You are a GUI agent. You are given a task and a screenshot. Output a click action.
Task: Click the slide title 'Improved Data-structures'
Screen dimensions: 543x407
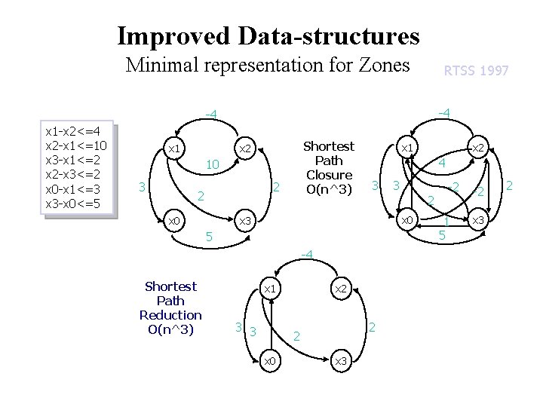point(268,35)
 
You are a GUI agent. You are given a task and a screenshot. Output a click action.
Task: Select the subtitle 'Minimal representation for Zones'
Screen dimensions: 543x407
point(268,65)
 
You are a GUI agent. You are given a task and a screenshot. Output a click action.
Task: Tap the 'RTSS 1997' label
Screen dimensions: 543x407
point(476,71)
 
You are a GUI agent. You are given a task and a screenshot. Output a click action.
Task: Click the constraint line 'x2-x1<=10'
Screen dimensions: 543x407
point(76,145)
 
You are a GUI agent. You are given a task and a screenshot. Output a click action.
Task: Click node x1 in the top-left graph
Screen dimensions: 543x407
point(173,148)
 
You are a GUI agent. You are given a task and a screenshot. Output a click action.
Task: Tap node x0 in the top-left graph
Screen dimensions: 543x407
point(173,221)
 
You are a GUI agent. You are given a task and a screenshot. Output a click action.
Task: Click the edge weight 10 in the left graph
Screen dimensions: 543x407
point(213,164)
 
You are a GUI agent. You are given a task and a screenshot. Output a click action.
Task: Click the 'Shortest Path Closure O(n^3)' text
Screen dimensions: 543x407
point(328,167)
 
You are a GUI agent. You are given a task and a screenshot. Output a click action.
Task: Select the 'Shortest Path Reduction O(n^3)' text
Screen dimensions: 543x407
point(170,308)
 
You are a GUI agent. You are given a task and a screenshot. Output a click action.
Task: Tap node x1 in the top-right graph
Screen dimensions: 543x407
point(406,148)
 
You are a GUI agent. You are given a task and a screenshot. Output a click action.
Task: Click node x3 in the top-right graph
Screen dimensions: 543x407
point(477,221)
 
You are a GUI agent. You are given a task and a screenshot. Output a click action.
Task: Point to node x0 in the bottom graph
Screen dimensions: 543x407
point(269,362)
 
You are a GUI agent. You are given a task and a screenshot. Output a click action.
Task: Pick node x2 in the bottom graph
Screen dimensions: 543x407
point(340,289)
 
